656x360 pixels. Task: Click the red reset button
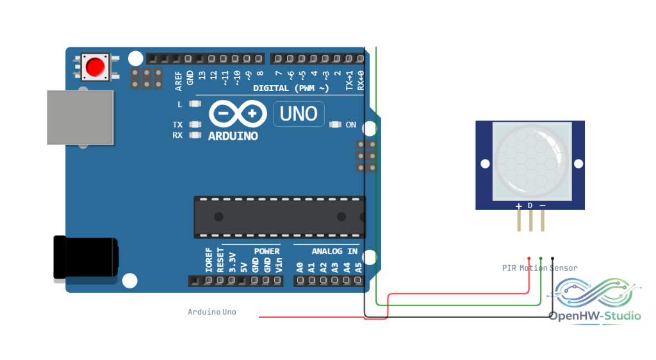click(95, 67)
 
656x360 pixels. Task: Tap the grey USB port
click(80, 117)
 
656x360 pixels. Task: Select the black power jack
click(86, 258)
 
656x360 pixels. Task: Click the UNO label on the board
click(299, 114)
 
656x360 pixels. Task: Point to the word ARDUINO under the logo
click(233, 136)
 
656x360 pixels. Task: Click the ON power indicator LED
click(335, 125)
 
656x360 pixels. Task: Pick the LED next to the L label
click(195, 104)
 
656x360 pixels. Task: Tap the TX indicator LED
click(195, 125)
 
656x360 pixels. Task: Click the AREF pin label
click(179, 81)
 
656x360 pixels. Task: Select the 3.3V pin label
click(233, 263)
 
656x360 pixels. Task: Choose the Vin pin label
click(279, 265)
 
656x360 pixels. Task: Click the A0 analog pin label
click(300, 268)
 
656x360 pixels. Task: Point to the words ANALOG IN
click(334, 251)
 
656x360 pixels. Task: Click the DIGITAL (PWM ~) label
click(291, 88)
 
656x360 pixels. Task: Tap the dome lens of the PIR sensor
click(531, 161)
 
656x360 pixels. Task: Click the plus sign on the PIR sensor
click(519, 206)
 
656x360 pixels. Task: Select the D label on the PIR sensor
click(530, 206)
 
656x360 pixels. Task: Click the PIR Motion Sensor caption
click(539, 268)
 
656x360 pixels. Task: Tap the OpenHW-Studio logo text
click(594, 316)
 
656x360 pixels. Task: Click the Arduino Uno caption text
click(211, 312)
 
